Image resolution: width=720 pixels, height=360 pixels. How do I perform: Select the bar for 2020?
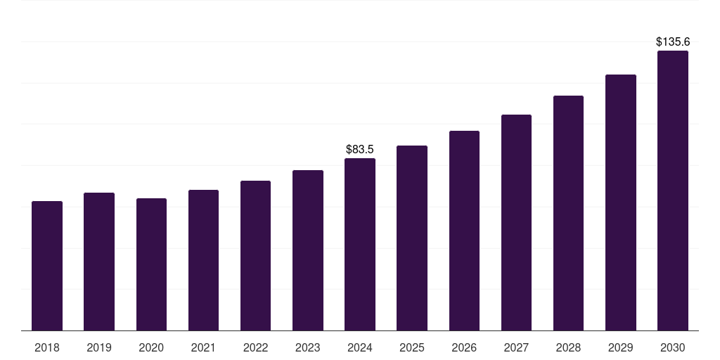[151, 264]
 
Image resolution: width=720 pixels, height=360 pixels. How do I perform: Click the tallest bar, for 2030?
[673, 191]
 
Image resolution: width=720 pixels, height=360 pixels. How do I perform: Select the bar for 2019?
[99, 262]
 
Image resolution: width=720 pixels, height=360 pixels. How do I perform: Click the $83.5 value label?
[360, 150]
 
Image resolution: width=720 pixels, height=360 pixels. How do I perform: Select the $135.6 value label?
[673, 42]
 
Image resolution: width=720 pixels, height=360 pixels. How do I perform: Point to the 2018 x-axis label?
[47, 347]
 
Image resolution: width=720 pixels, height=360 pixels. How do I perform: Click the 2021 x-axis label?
[203, 347]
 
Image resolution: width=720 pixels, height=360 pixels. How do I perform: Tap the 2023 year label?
[308, 347]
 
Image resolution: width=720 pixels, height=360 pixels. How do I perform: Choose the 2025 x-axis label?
[412, 347]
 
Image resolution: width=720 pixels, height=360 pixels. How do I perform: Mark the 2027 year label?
[516, 347]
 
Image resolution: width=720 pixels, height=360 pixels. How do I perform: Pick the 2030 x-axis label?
[673, 347]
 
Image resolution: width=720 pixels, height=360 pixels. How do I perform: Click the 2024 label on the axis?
[360, 347]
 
